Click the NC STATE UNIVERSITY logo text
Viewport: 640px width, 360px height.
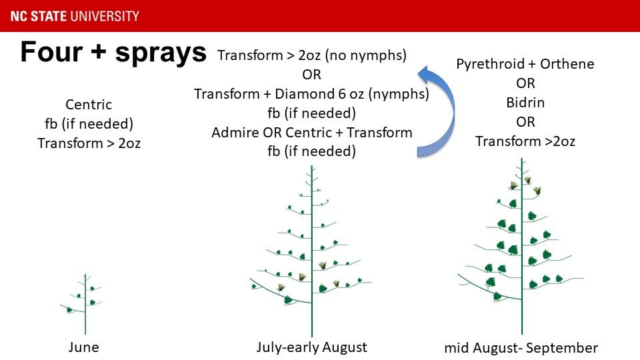pos(75,16)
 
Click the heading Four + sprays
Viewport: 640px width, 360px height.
pos(113,52)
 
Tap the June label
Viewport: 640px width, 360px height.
pos(84,347)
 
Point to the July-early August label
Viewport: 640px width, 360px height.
pos(312,347)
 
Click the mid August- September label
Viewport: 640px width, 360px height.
pos(521,348)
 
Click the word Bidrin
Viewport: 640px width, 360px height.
pos(525,103)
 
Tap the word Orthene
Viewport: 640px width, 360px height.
pos(567,64)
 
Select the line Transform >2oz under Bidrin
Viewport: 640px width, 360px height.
pos(525,141)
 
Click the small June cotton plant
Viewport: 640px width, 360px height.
pos(85,304)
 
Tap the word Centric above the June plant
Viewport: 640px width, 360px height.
pos(89,105)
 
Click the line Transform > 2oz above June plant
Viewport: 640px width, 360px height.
pos(89,143)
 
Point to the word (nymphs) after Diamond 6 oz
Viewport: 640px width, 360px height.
pos(399,94)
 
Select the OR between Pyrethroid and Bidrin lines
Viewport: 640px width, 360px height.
pos(525,83)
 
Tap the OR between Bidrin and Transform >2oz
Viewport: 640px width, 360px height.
pos(525,122)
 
